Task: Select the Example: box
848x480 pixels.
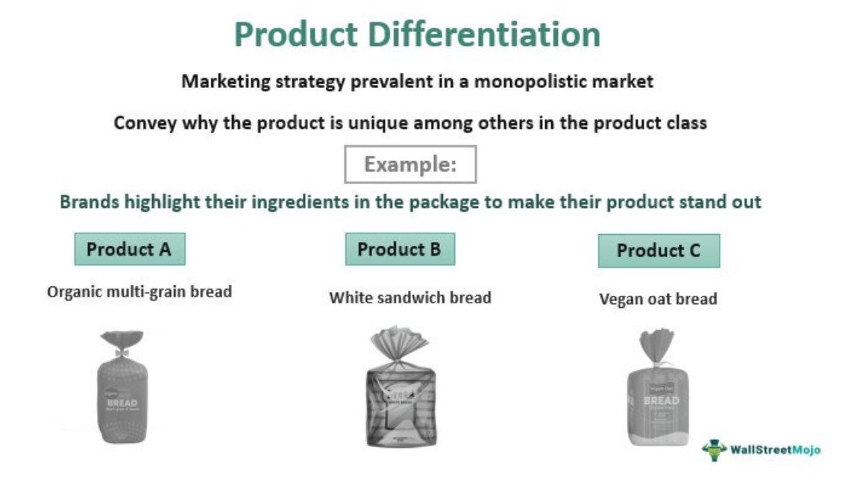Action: (x=409, y=165)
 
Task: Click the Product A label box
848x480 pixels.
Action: (x=129, y=249)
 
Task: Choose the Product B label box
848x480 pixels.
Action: (x=399, y=249)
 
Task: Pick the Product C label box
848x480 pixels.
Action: (x=659, y=251)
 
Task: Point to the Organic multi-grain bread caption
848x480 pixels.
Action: (x=139, y=291)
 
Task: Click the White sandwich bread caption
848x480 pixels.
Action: (x=410, y=298)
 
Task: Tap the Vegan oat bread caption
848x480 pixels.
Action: (x=658, y=300)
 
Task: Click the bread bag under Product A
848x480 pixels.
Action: (x=122, y=391)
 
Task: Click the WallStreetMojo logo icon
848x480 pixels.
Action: (x=714, y=450)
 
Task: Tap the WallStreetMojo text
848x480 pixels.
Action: (x=775, y=450)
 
